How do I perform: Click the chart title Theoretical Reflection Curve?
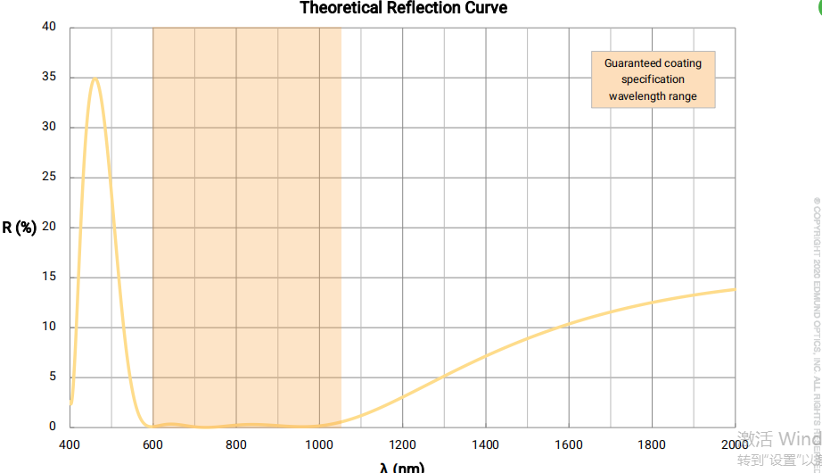coord(403,8)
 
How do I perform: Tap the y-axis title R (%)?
coord(19,227)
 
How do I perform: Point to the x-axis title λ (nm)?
coord(402,467)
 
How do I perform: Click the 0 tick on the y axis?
coord(52,427)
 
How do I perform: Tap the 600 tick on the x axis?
coord(153,444)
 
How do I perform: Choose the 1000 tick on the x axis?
coord(319,444)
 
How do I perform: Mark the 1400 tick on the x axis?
coord(486,444)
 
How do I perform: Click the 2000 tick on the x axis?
coord(735,444)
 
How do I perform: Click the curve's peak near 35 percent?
coord(95,79)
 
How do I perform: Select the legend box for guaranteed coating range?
coord(653,79)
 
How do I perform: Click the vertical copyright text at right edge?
coord(815,312)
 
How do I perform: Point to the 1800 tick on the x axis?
coord(653,444)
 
